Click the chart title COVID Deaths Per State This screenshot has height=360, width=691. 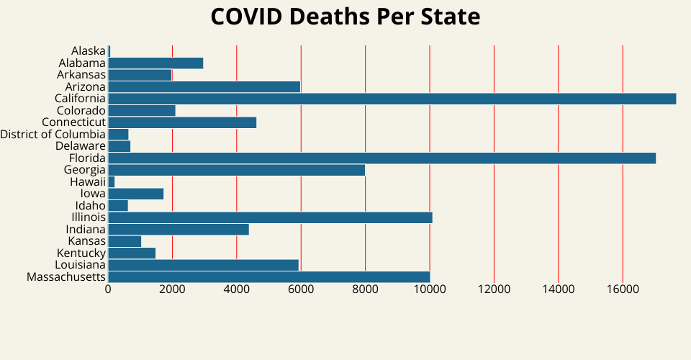coord(345,17)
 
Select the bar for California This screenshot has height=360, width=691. coord(392,99)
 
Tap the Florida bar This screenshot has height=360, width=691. coord(381,158)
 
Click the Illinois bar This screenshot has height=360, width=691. coord(270,217)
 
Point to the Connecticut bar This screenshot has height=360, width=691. coord(182,122)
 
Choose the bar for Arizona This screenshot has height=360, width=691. coord(204,86)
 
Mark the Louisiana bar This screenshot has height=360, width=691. coord(203,265)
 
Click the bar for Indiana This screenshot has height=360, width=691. coord(179,229)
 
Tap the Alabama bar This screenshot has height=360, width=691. coord(155,63)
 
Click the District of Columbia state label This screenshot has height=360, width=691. coord(53,134)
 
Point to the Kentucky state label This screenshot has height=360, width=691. coord(81,253)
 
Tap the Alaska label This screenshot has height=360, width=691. coord(89,50)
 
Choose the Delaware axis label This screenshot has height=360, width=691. coord(81,146)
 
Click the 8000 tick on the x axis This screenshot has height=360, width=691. coord(365,289)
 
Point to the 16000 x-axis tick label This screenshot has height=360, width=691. coord(623,289)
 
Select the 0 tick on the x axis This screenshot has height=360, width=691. coord(108,289)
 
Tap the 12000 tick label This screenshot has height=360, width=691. coord(494,289)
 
